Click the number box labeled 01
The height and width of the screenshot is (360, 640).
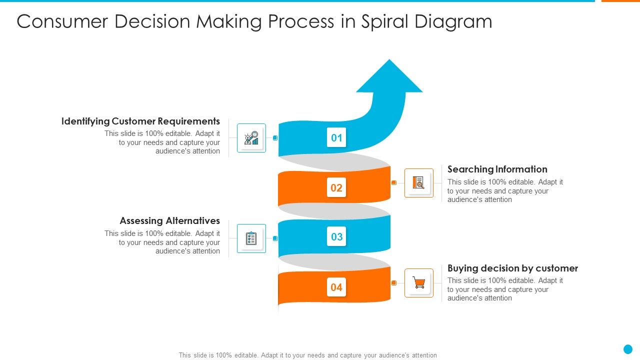tap(336, 137)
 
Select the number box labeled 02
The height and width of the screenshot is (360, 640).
tap(336, 188)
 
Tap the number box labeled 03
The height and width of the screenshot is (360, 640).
tap(336, 236)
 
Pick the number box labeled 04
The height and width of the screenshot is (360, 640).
tap(336, 287)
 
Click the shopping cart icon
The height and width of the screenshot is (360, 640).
tap(419, 283)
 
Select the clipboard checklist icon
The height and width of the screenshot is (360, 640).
tap(251, 238)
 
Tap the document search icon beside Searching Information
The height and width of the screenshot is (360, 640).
tap(419, 183)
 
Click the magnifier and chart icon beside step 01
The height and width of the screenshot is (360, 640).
tap(251, 138)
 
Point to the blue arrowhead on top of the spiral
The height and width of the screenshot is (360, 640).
tap(389, 77)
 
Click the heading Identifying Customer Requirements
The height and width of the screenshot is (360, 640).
tap(140, 121)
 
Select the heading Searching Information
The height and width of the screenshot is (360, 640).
tap(497, 169)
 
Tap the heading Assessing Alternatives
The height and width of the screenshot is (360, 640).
tap(169, 220)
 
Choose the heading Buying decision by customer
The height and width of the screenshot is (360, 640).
tap(512, 268)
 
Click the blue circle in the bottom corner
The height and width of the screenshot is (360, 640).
tap(628, 349)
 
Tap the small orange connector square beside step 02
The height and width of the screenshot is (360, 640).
tap(393, 183)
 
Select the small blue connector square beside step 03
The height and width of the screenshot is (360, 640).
tap(275, 238)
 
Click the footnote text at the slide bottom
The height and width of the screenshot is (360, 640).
tap(307, 355)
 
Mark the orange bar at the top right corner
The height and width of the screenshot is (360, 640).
tap(620, 1)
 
